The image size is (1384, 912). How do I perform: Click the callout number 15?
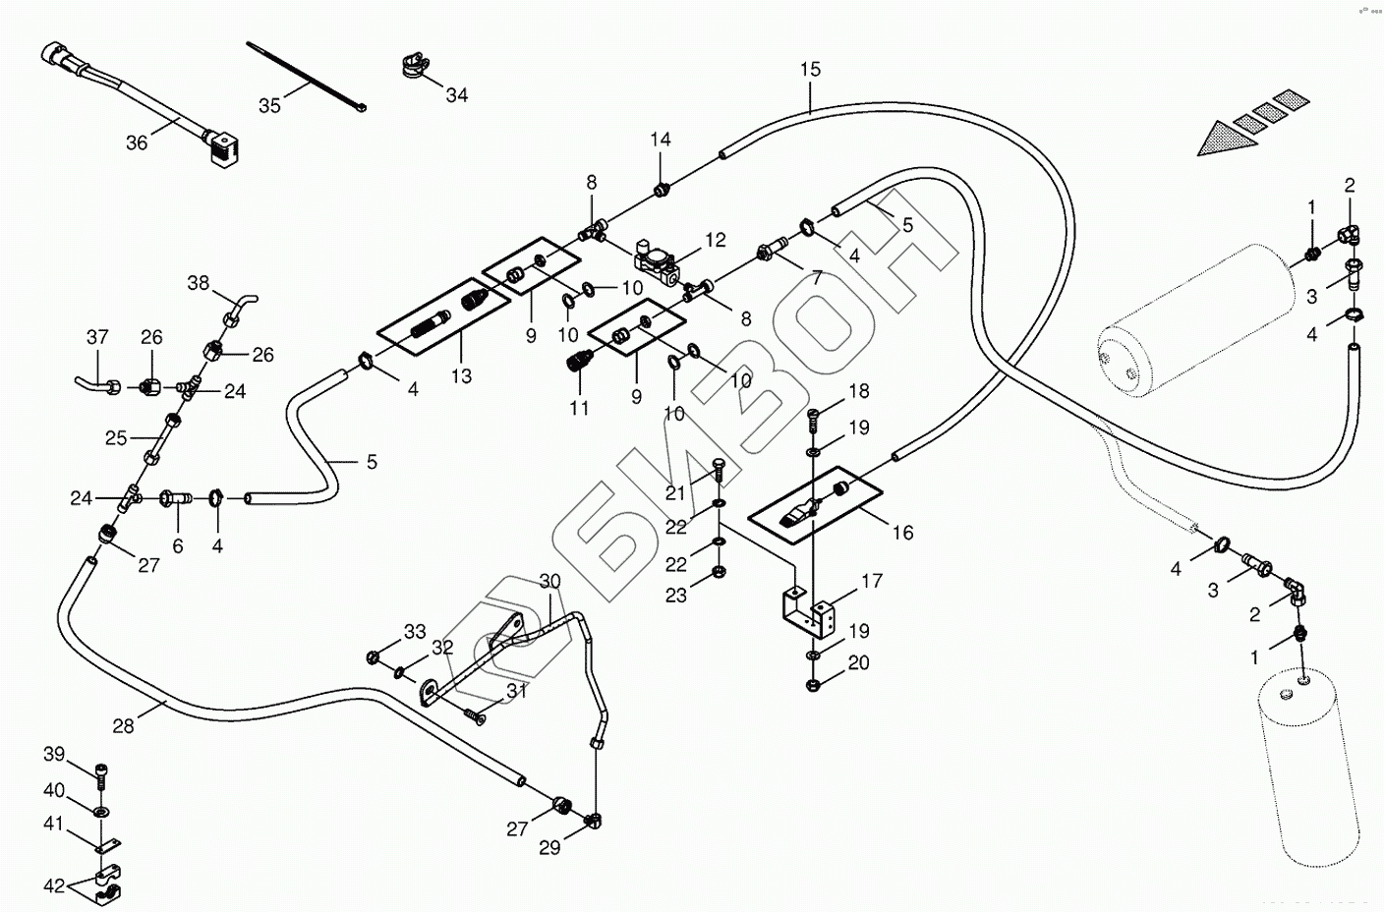point(810,70)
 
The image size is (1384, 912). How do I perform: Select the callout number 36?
point(137,143)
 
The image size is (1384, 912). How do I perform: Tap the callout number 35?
point(269,105)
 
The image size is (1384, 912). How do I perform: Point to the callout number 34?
point(457,95)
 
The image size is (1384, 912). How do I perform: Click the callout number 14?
point(661,140)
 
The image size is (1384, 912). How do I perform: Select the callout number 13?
point(461,375)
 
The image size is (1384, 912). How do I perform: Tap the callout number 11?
point(579,407)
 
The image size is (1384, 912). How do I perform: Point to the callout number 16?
point(902,533)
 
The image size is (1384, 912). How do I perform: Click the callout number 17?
point(872,582)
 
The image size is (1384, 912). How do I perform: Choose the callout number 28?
point(123,726)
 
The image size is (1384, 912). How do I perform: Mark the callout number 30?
point(549,582)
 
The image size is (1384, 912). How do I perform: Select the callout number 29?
point(549,847)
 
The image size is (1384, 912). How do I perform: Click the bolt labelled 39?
point(102,773)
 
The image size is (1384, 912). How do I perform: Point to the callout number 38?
point(199,283)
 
